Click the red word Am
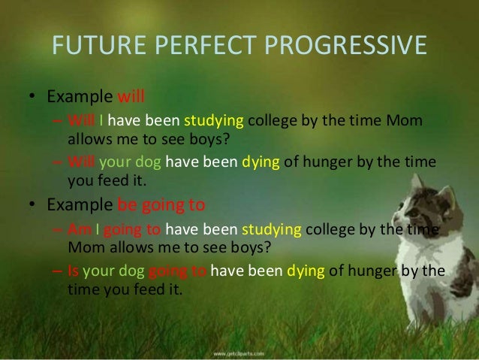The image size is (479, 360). (x=77, y=229)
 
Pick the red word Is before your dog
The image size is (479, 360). (x=73, y=271)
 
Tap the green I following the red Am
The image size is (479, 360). (x=95, y=229)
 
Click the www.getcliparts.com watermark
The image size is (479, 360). (x=241, y=351)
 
